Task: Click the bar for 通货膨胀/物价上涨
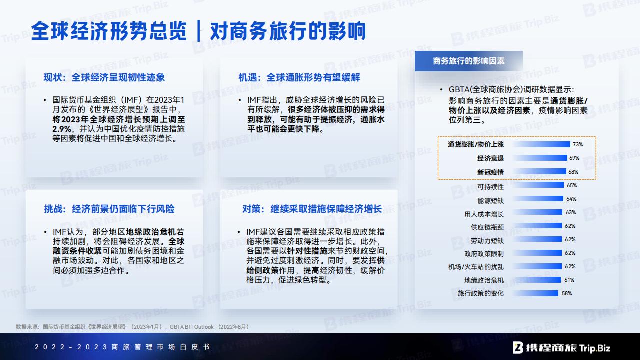click(541, 144)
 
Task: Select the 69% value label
click(574, 158)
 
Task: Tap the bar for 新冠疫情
click(539, 171)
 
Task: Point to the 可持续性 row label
click(490, 187)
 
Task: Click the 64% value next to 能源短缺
click(571, 199)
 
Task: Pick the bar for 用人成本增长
click(537, 212)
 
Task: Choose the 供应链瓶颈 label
click(487, 227)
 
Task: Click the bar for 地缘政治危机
click(537, 280)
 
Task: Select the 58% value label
click(567, 293)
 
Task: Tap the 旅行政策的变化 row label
click(481, 293)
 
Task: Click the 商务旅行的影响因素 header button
click(469, 61)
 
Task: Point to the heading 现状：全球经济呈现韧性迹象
click(104, 77)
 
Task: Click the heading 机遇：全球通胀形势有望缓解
click(299, 77)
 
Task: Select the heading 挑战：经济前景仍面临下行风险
click(109, 209)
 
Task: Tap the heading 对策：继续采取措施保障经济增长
click(312, 209)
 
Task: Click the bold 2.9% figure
click(61, 129)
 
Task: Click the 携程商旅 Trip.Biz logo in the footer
click(561, 348)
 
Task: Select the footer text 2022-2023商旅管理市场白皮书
click(122, 347)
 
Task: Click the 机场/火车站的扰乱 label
click(476, 267)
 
